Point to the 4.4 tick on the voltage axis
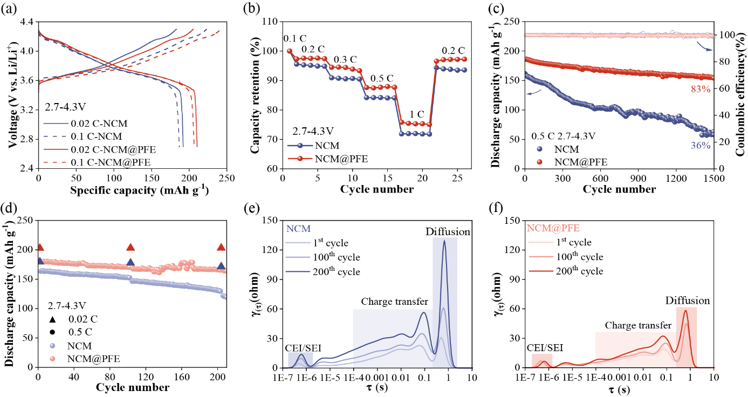click(x=25, y=22)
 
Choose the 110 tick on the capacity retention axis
click(x=273, y=22)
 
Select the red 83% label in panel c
click(x=700, y=89)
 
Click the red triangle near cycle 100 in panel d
click(x=130, y=248)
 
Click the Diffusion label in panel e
click(x=448, y=232)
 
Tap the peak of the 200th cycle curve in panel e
click(x=444, y=241)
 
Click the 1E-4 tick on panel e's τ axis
click(x=353, y=378)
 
